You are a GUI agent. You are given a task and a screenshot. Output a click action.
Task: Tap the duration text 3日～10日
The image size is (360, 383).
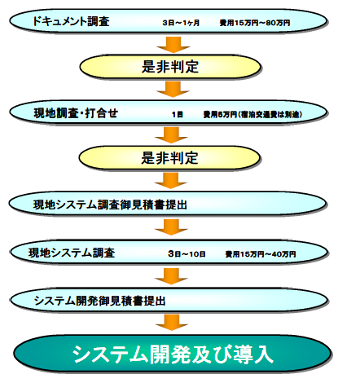coord(184,254)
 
